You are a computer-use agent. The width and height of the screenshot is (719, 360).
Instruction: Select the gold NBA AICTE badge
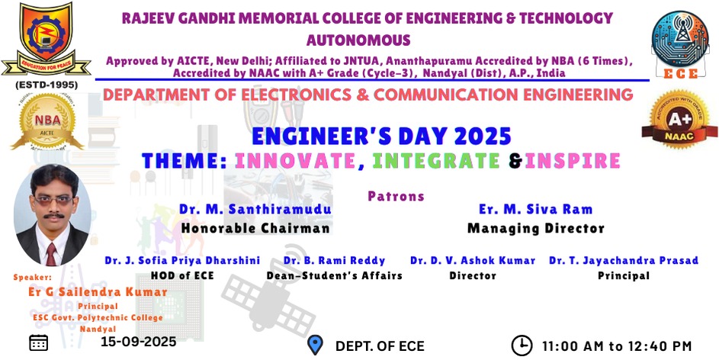pos(48,121)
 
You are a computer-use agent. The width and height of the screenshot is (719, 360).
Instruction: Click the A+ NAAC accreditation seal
pos(679,118)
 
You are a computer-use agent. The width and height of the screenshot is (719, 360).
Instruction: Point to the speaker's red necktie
pos(51,254)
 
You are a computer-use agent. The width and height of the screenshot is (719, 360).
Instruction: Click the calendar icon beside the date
pos(39,342)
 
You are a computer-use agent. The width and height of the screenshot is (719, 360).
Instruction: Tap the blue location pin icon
pos(315,345)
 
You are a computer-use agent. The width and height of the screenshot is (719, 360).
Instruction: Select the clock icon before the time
pos(522,346)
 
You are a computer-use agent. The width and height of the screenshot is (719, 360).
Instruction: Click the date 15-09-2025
pos(139,342)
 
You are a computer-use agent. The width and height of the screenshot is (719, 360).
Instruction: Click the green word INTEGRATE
pos(436,161)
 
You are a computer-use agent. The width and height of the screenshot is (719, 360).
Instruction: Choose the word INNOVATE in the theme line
pos(295,161)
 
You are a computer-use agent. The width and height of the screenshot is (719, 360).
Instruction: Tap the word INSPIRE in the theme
pos(573,161)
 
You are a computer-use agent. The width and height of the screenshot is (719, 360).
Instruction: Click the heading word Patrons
pos(396,196)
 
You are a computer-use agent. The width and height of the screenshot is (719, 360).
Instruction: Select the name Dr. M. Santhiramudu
pos(255,210)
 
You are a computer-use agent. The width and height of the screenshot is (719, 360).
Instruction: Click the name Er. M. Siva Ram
pos(535,210)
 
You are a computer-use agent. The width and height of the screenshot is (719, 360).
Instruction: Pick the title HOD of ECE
pos(182,275)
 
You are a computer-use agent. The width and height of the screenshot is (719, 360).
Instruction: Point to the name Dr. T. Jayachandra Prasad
pos(624,261)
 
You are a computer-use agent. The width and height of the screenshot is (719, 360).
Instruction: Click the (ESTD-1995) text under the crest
pos(47,85)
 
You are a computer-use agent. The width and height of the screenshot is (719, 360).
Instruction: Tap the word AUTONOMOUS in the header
pos(358,40)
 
